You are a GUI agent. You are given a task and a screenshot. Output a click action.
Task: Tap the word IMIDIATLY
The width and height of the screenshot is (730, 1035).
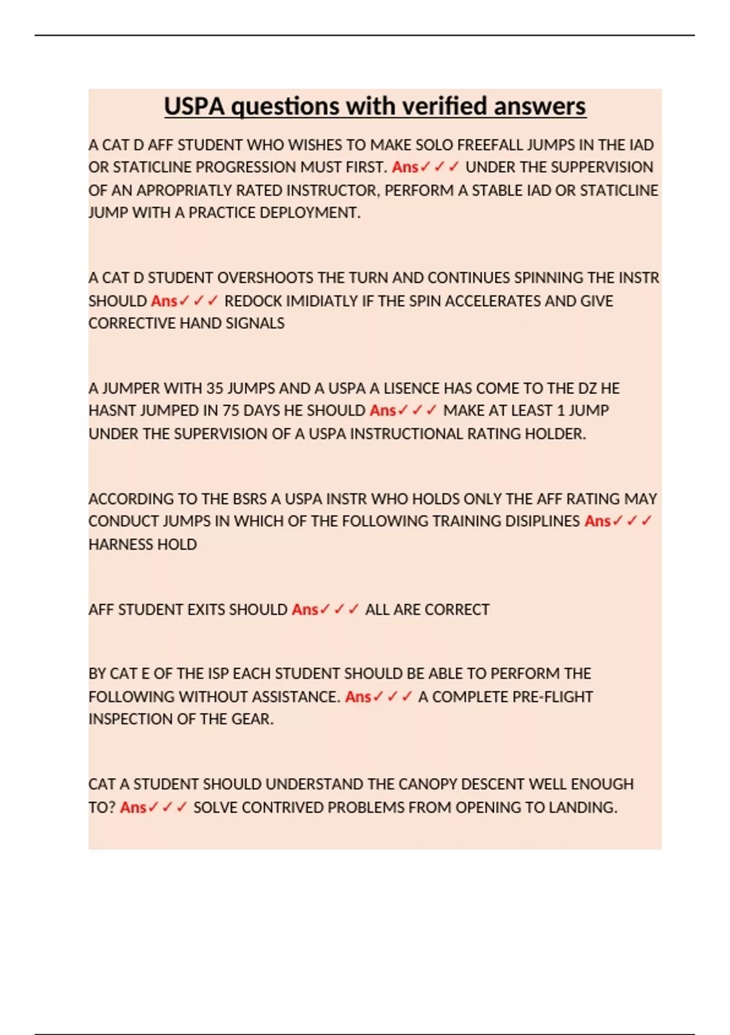point(322,301)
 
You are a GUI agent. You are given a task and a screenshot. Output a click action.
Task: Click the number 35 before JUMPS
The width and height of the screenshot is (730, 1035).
point(215,388)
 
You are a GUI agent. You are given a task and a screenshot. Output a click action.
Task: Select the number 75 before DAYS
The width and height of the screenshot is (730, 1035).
point(231,411)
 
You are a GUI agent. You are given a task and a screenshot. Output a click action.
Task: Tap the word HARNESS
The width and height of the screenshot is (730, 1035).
point(115,544)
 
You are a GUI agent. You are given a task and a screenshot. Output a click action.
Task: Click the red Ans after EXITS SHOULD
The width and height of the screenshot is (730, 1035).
point(305,609)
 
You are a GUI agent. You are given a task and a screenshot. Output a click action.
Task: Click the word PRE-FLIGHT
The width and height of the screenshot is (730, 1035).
point(551,696)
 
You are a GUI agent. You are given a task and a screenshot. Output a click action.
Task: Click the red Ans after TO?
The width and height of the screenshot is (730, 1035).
point(133,807)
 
